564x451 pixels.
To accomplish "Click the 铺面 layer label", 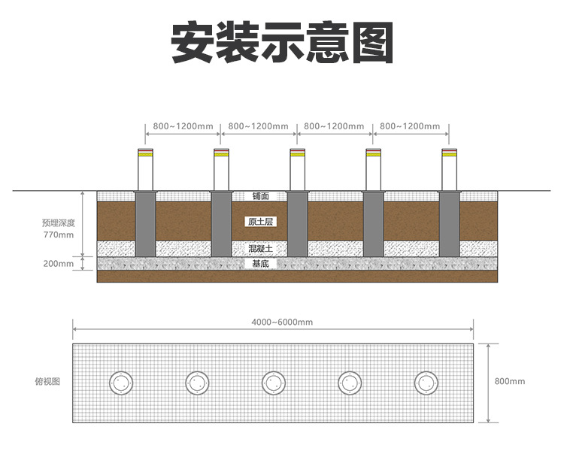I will [260, 196].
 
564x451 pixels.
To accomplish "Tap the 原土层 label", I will [259, 221].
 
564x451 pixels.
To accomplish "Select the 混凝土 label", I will [260, 248].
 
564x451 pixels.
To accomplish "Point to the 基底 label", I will [260, 264].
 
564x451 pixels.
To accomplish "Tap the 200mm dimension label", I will [59, 264].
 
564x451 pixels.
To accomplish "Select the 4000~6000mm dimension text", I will [282, 322].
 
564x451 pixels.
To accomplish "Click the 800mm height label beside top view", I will [510, 382].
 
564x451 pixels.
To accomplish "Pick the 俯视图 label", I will [48, 382].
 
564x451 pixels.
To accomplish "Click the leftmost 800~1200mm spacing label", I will [183, 126].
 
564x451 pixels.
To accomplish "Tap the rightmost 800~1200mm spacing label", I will [410, 126].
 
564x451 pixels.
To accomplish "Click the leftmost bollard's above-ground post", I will [145, 171].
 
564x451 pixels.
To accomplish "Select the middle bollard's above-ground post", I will [297, 171].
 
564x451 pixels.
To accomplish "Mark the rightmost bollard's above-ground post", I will [449, 171].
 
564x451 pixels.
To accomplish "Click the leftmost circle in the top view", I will [120, 382].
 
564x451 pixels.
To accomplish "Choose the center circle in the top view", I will [273, 382].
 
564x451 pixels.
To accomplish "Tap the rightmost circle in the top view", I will [426, 382].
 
